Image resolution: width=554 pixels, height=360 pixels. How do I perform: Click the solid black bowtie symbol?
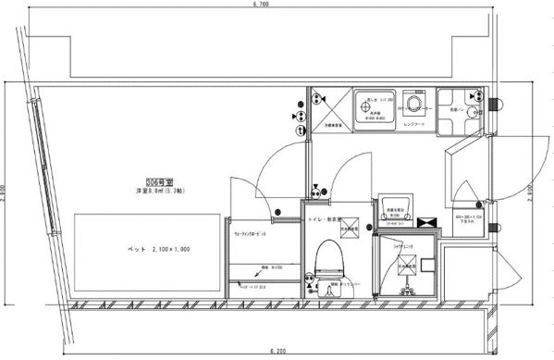(428, 223)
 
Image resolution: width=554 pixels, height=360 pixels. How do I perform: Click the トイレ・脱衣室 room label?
(325, 220)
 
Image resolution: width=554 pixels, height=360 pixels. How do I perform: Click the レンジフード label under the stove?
(413, 123)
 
